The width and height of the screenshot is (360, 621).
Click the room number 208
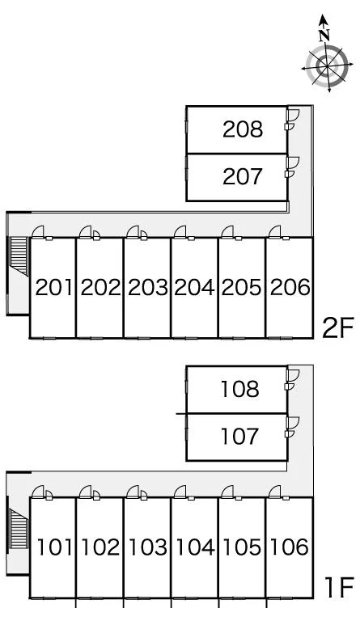(243, 129)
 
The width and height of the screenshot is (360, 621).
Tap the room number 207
(243, 176)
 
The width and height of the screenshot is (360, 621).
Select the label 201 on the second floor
(54, 288)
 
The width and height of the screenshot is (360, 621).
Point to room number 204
(194, 288)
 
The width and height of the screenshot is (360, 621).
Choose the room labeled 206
(290, 288)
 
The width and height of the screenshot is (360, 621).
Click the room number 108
(239, 389)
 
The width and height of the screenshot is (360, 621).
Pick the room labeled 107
(239, 437)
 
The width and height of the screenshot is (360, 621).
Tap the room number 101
(54, 547)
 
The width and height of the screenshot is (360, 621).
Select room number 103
(148, 547)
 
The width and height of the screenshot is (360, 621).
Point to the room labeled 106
(289, 547)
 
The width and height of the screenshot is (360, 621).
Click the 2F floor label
(337, 329)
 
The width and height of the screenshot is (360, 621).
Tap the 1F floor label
(339, 589)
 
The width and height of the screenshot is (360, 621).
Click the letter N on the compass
(324, 36)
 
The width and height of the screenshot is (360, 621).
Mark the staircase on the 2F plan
(19, 256)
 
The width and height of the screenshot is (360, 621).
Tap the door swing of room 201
(38, 233)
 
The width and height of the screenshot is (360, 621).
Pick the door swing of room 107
(294, 424)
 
